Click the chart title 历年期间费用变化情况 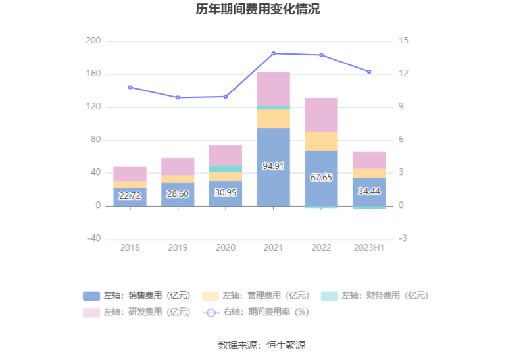coord(261,10)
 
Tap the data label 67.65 coord(321,177)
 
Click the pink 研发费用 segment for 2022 coord(321,115)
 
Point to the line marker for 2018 coord(130,87)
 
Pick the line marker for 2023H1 coord(369,72)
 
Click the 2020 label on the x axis coord(225,248)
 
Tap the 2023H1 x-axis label coord(369,248)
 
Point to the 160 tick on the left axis coord(93,74)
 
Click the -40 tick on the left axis coord(93,238)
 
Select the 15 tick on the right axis coord(403,41)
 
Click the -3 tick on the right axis coord(403,238)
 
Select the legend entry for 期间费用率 coord(255,312)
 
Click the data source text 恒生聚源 coord(285,345)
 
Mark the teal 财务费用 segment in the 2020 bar coord(225,168)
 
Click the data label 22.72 coord(130,195)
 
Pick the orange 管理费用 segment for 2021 coord(273,118)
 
